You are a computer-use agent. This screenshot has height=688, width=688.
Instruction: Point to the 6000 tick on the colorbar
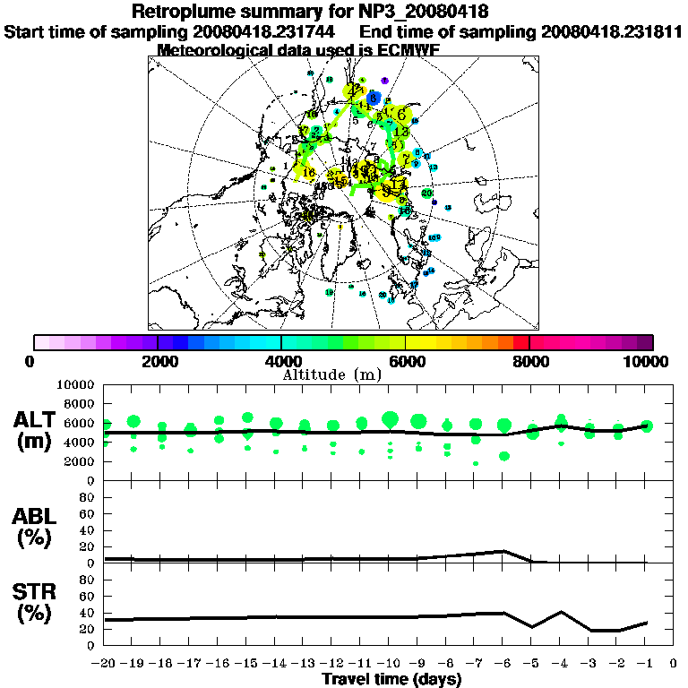[x=407, y=361]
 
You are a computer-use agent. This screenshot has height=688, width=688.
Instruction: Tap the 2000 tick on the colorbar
[x=157, y=361]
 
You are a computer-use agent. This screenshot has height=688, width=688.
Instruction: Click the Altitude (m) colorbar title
[x=344, y=374]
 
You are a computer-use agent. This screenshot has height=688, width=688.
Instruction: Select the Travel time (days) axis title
[x=391, y=680]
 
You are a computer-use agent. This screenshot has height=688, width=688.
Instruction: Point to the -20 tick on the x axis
[x=106, y=665]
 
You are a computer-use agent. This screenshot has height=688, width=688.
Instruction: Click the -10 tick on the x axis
[x=390, y=665]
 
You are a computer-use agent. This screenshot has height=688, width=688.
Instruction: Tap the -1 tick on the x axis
[x=646, y=665]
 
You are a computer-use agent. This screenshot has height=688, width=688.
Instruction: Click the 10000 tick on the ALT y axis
[x=76, y=384]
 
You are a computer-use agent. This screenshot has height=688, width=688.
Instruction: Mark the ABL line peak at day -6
[x=504, y=551]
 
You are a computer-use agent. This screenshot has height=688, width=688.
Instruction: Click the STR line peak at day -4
[x=562, y=612]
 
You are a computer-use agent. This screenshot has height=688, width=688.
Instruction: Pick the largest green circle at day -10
[x=390, y=418]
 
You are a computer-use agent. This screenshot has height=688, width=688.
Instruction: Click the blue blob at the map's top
[x=375, y=97]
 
